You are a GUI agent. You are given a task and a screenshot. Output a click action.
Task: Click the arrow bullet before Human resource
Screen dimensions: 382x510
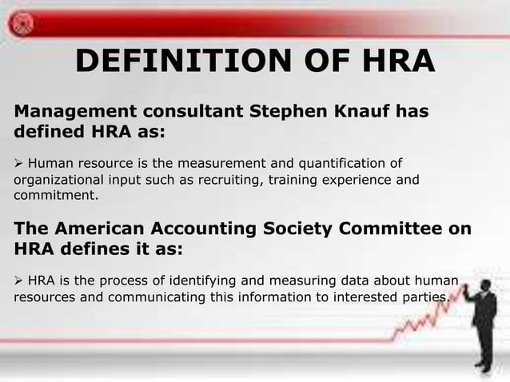[19, 164]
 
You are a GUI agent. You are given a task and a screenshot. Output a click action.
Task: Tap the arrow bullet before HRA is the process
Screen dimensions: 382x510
[19, 282]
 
